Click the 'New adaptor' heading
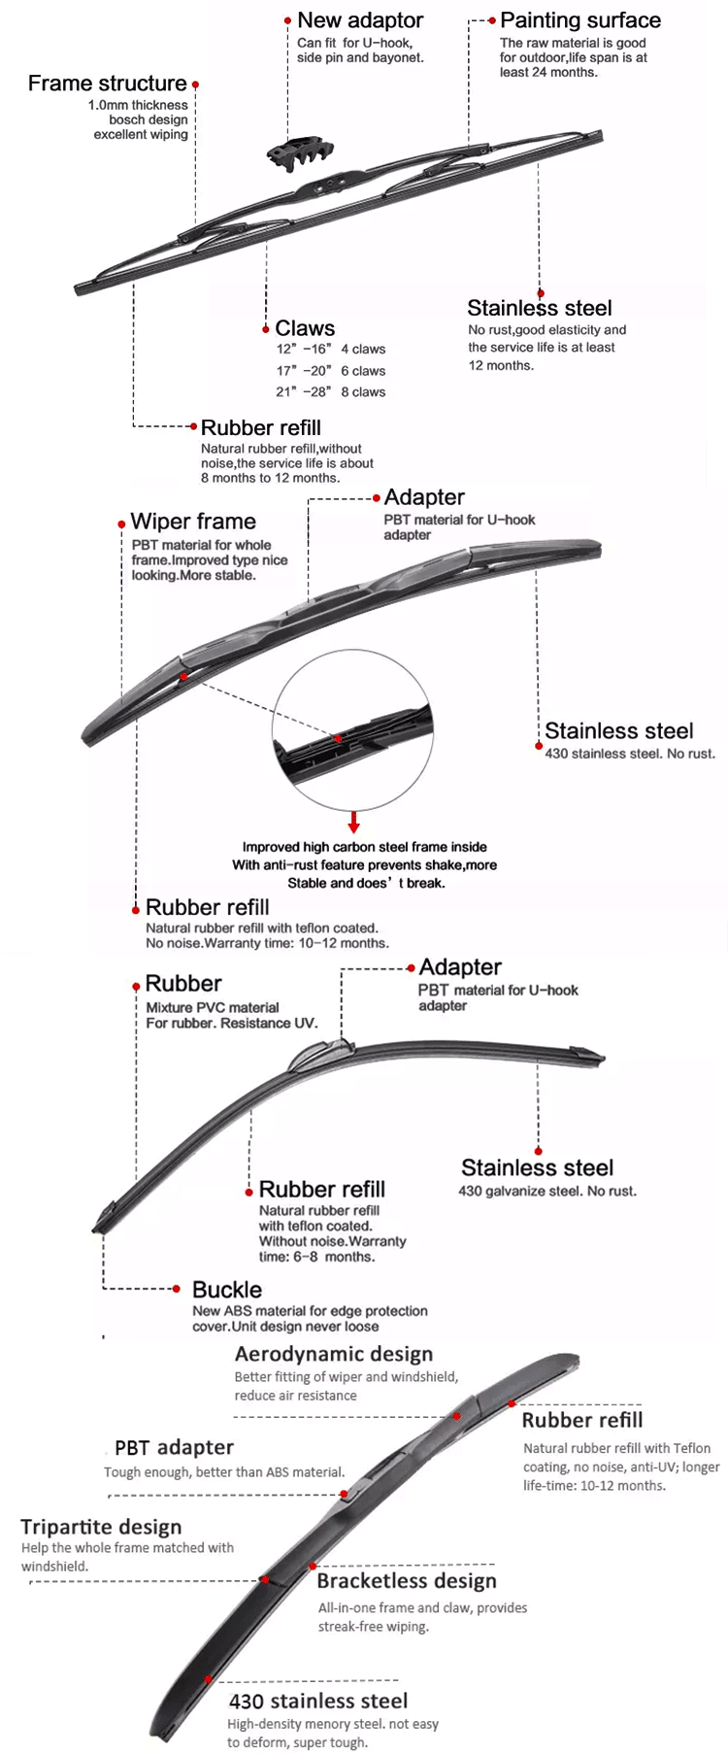[360, 20]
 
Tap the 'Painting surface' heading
[580, 20]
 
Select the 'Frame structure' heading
[107, 84]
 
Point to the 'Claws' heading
[305, 328]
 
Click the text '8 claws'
[363, 392]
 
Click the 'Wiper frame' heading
[193, 522]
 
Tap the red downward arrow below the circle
[354, 823]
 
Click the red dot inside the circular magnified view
[338, 739]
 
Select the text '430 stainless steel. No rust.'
[630, 754]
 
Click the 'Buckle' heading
[227, 1290]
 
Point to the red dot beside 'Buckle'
[177, 1289]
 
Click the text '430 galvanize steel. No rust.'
[547, 1192]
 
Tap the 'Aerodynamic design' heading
[334, 1355]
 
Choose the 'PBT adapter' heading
[174, 1448]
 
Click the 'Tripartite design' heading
[101, 1528]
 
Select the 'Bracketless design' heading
[407, 1581]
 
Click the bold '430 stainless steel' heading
[318, 1701]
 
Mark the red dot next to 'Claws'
[266, 330]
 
